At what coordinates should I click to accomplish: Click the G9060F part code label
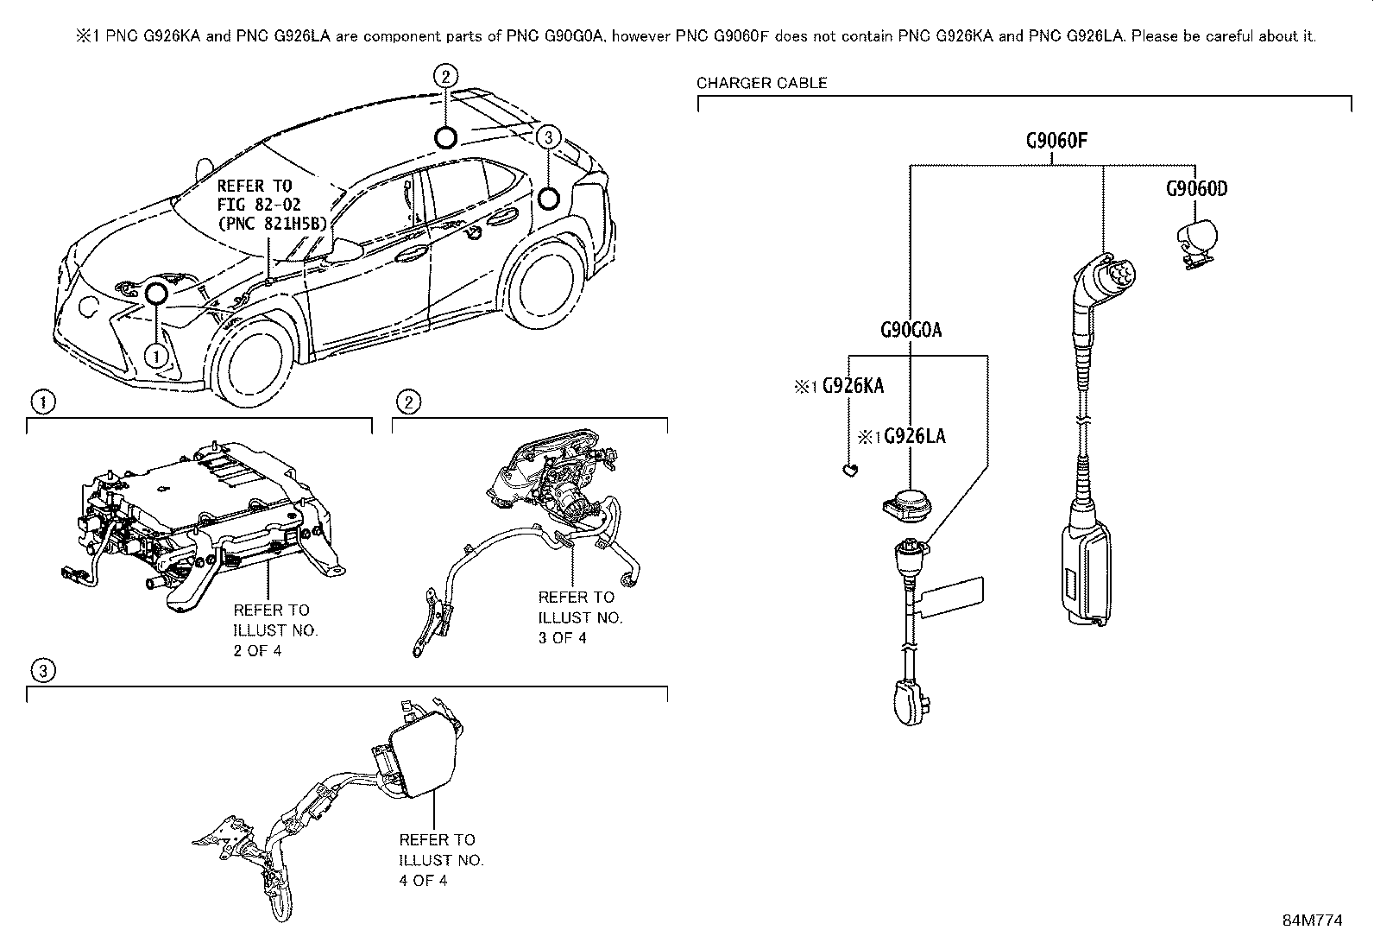coord(1062,141)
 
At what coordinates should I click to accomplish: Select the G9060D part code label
coord(1196,188)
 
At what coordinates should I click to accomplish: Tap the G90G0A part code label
coord(911,330)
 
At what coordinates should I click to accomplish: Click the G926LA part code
coord(914,437)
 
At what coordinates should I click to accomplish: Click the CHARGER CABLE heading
coord(761,83)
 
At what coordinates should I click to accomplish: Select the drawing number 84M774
coord(1312,921)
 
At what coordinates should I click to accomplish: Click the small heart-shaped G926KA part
coord(849,470)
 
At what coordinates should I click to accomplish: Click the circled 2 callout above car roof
coord(444,76)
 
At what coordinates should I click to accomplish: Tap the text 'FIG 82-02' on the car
coord(255,205)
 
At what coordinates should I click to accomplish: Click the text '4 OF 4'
coord(423,880)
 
